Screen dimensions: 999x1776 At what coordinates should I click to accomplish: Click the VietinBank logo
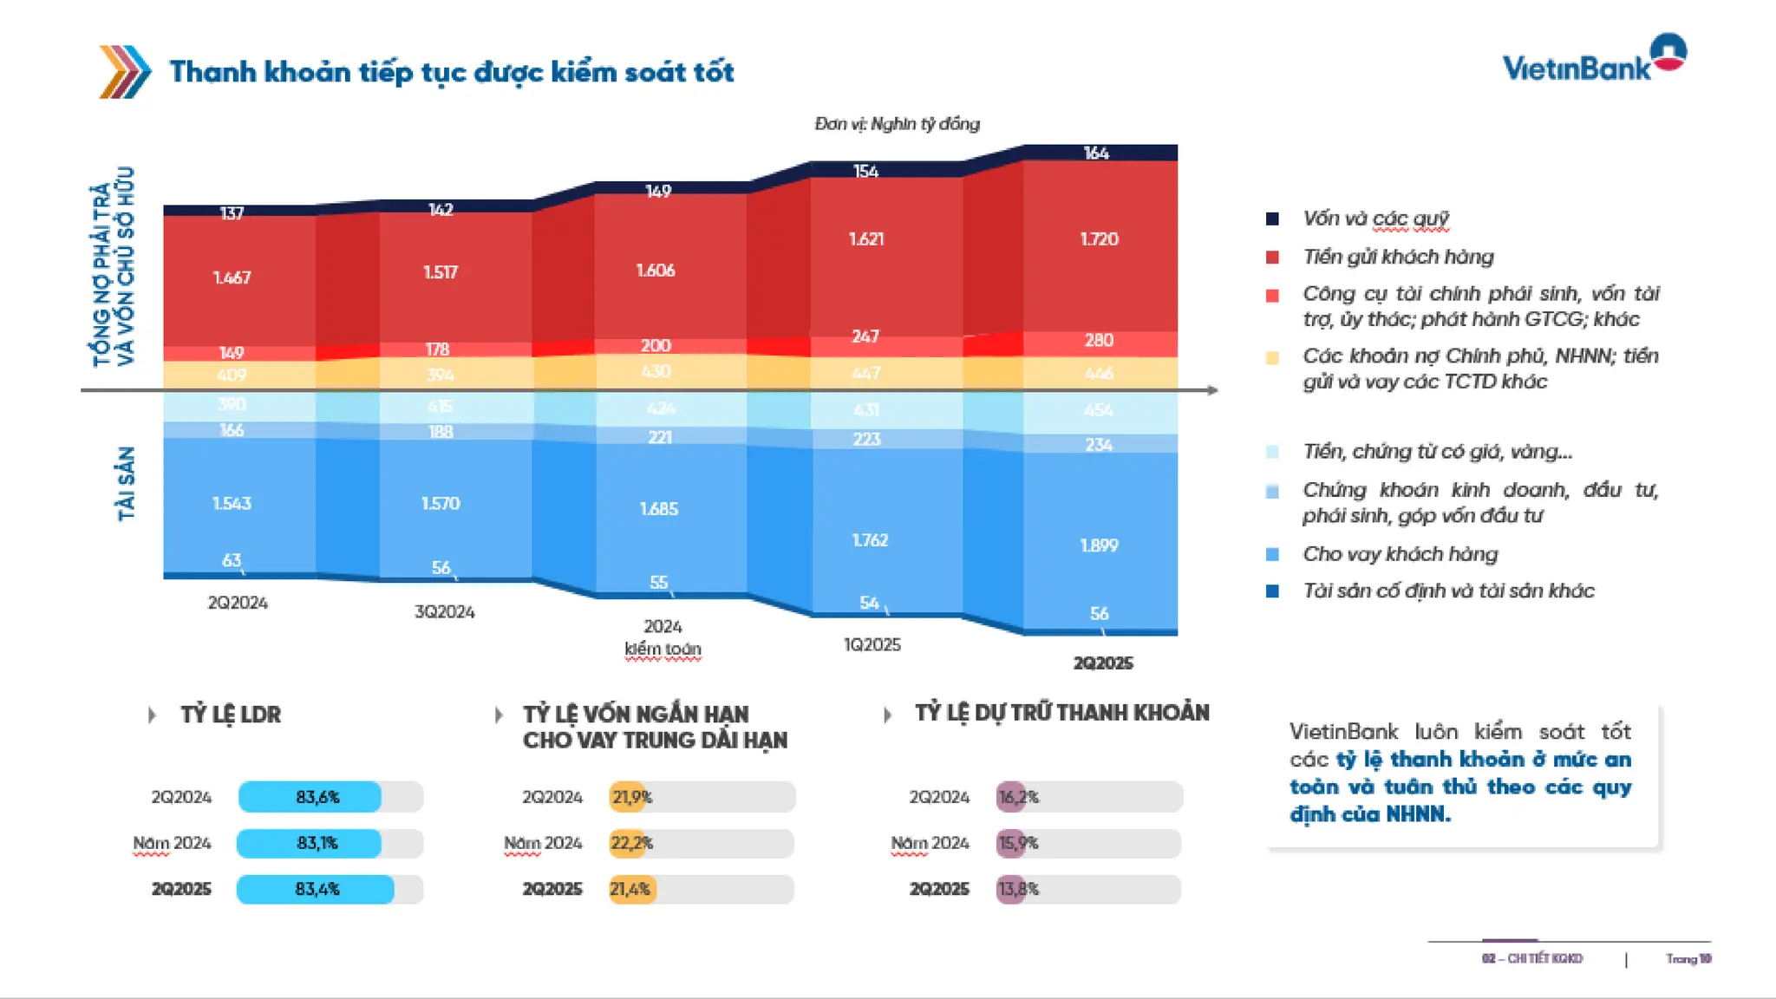point(1594,61)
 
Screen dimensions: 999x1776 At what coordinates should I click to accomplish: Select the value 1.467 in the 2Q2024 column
point(232,277)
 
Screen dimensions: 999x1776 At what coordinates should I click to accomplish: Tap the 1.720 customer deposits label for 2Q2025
point(1099,238)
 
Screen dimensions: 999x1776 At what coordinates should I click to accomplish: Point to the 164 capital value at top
point(1096,153)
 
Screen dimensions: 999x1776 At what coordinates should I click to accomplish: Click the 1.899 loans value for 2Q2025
point(1099,545)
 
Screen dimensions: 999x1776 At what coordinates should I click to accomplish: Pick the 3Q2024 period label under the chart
point(444,612)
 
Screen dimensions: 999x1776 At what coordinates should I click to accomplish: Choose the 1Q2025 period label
point(872,645)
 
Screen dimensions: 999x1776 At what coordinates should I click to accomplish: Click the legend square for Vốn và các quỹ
point(1272,219)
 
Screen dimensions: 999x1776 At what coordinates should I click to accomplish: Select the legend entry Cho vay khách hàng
point(1400,554)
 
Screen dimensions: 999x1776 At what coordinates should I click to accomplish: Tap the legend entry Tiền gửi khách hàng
point(1398,257)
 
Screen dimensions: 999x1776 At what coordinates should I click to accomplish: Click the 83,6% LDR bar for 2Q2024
point(310,797)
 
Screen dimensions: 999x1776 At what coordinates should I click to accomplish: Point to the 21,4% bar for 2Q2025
point(632,889)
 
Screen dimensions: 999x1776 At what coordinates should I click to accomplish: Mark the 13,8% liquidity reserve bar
point(1011,889)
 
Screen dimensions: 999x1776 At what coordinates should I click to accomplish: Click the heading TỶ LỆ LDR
point(231,715)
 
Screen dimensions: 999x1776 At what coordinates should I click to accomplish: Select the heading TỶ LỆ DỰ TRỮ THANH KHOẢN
point(1061,713)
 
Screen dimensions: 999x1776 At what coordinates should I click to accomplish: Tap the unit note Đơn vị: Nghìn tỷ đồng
point(897,124)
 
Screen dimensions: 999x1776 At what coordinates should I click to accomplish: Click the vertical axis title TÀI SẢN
point(127,484)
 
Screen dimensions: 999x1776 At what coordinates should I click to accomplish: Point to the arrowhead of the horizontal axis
point(1212,390)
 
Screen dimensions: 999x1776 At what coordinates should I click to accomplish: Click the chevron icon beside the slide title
point(125,71)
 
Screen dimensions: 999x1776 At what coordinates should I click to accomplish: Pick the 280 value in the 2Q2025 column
point(1099,340)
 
